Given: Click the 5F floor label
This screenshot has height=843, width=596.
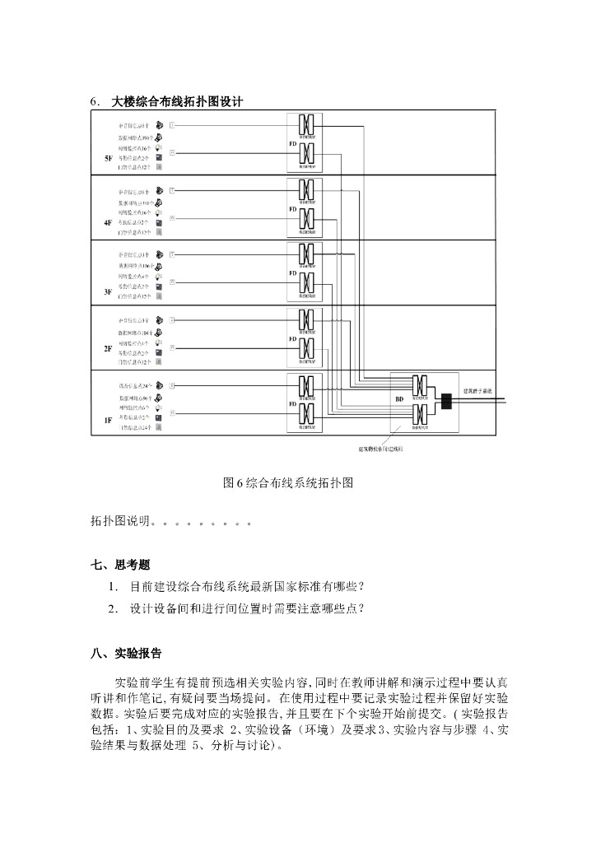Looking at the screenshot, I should coord(107,158).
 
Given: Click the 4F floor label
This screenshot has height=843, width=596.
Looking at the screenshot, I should coord(107,223).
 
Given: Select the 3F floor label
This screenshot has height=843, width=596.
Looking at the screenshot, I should coord(107,291).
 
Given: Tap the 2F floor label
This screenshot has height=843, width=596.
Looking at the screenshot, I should coord(107,348).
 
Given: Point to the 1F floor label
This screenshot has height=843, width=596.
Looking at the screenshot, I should coord(107,419).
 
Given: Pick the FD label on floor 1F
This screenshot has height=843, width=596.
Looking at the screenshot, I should coord(292,404).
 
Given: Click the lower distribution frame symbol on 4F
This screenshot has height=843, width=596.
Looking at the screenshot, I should coord(305,219).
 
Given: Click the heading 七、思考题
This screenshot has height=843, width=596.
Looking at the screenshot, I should coord(121,564).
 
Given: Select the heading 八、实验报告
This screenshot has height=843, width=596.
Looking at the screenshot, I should coord(126,654).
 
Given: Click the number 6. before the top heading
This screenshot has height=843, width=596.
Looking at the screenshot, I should coord(95,101).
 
